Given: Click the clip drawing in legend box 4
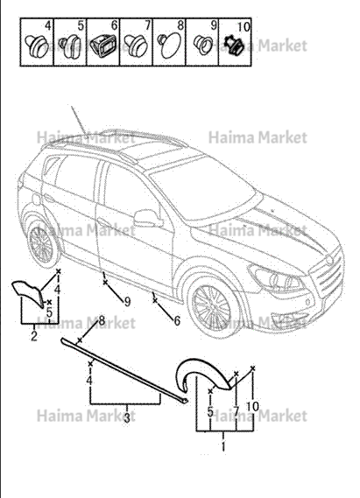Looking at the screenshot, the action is pos(36,46).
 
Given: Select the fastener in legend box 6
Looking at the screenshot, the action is pos(102,46).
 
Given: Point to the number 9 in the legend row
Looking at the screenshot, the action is pos(214,25).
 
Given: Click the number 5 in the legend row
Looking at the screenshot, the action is pos(81,25).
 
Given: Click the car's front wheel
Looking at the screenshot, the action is pos(212,307).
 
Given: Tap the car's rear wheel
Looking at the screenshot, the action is pos(42,243).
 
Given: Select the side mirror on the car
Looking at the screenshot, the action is pos(146,218).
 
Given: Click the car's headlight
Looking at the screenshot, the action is pos(277,278).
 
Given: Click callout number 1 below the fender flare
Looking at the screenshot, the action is pos(223,445).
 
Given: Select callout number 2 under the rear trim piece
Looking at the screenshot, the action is pos(34,336).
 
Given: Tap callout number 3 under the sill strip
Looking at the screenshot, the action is pos(127,417).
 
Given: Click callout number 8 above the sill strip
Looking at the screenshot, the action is pos(102,320).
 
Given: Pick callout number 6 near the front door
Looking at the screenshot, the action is pos(177,320).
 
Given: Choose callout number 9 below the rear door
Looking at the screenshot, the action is pos(127,301).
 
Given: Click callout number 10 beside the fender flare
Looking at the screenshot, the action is pos(252,406).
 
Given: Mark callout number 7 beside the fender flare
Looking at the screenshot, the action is pos(236,411).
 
